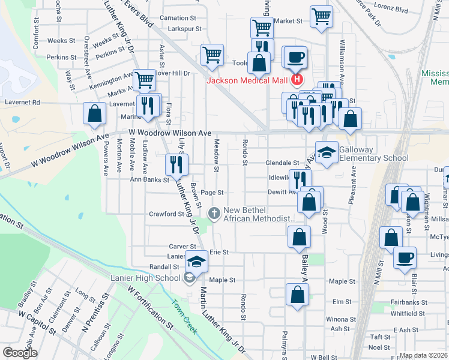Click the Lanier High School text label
(x=145, y=277)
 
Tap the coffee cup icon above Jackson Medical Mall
(x=295, y=57)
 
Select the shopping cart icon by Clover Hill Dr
(x=143, y=80)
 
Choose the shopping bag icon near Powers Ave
(x=94, y=113)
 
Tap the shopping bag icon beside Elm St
(x=297, y=295)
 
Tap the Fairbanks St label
(x=408, y=302)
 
